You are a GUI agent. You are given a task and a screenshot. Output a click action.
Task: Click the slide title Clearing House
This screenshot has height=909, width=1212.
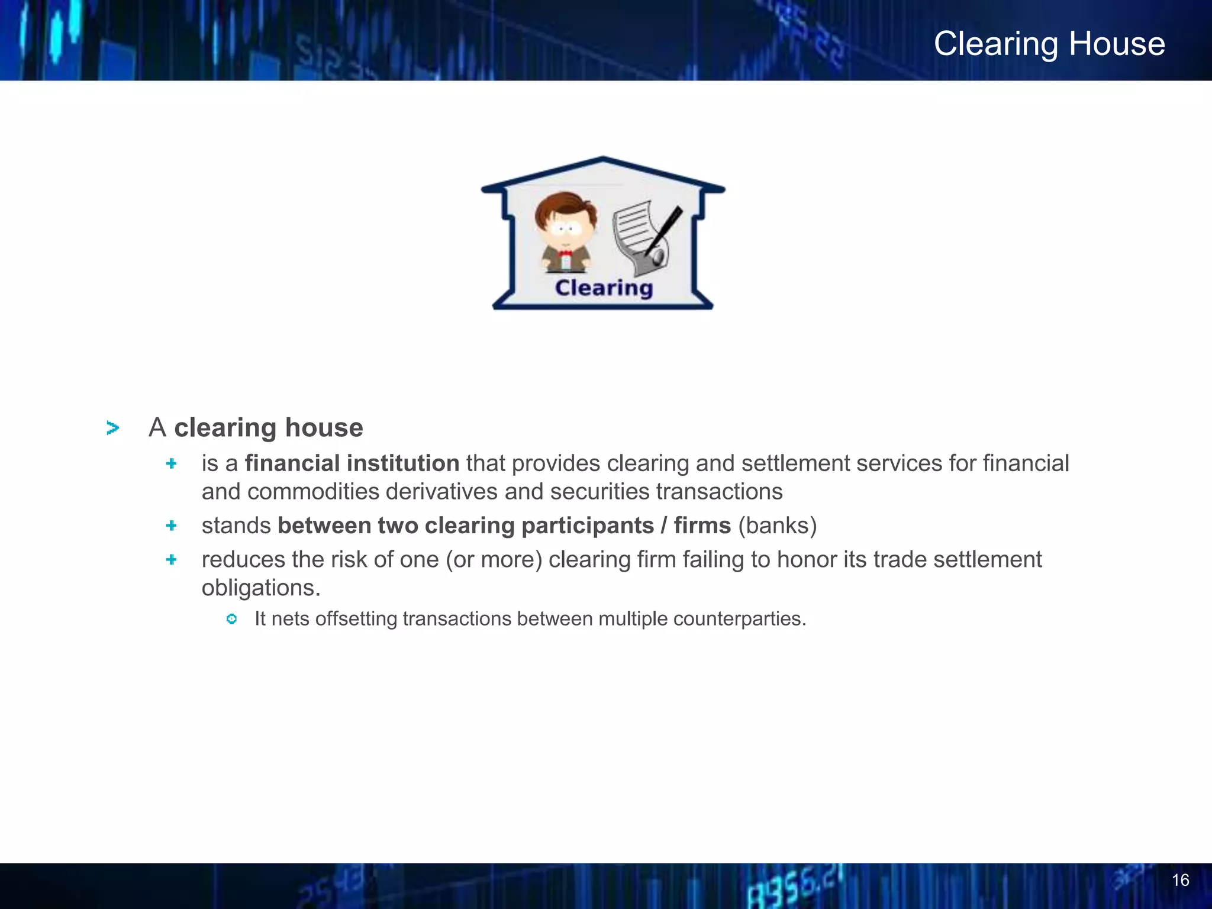1049,44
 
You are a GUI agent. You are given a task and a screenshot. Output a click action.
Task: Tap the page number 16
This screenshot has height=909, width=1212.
1180,880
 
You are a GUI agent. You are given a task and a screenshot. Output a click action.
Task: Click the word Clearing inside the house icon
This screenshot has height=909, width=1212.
604,288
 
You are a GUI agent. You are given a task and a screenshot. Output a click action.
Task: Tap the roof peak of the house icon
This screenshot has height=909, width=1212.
603,160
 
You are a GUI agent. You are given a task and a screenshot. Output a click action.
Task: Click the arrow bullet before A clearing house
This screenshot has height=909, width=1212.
112,428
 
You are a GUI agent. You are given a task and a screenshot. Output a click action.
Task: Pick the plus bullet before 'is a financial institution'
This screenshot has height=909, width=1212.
172,463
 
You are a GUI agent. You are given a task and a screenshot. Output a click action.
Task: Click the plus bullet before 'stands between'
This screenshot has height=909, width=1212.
172,526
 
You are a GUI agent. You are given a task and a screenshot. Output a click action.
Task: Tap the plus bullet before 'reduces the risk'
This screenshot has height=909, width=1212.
172,559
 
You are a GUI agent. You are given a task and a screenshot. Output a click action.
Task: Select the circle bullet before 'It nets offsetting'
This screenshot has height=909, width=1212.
232,619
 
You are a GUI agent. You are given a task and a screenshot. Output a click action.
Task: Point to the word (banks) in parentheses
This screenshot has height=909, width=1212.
777,526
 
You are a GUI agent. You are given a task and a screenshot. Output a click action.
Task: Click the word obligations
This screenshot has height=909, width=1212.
260,588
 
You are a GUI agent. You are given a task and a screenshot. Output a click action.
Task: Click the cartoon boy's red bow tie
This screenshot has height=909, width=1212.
565,253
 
